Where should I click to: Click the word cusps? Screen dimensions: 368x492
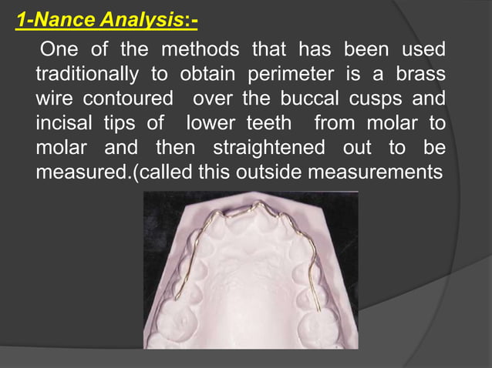click(x=381, y=99)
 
